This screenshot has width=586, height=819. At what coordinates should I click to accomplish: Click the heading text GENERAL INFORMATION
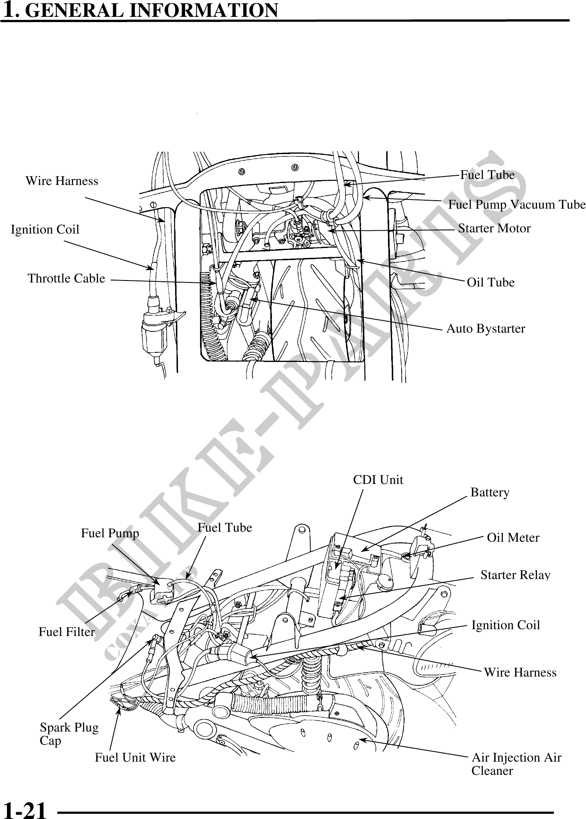153,10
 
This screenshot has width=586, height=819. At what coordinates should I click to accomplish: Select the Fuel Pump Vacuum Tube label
517,205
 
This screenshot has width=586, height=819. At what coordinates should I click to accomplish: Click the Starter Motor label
494,228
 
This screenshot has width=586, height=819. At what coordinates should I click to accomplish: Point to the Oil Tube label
490,282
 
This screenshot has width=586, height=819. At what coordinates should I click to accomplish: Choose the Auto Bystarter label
486,329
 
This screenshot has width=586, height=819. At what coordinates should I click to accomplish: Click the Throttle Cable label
66,278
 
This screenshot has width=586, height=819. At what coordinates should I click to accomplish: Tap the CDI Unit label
378,480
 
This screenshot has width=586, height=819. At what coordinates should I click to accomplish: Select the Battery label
490,492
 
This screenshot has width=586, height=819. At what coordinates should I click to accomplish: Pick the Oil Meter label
513,537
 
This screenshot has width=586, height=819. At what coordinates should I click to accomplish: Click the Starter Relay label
515,575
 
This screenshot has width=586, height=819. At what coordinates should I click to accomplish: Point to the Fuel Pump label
110,533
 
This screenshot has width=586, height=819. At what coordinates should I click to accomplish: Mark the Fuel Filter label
67,632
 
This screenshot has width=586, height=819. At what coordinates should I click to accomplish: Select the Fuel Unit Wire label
135,758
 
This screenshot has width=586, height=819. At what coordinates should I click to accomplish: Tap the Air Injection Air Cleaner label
516,764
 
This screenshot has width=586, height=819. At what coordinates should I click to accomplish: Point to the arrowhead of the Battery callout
361,550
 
